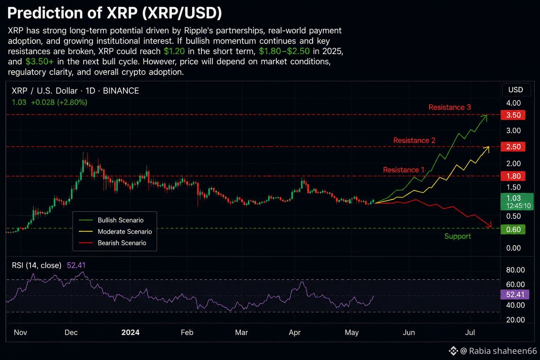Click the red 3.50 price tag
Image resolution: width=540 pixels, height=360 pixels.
[x=513, y=115]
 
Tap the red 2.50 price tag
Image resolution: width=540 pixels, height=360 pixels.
[x=513, y=147]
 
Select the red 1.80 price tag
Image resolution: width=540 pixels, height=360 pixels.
[x=513, y=176]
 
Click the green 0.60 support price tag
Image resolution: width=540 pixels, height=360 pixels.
[x=513, y=229]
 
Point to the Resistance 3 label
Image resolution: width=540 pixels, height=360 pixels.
[x=450, y=107]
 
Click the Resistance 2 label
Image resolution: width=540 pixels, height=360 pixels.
[x=414, y=140]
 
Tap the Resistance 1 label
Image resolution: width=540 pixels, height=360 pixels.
[x=404, y=170]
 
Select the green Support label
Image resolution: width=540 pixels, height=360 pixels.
[x=457, y=236]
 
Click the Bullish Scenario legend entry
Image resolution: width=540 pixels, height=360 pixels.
[x=111, y=220]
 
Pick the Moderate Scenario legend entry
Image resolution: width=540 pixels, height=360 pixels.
[x=115, y=231]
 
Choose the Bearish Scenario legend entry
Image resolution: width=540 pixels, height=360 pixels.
[x=112, y=243]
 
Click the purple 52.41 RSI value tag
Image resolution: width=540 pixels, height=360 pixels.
[x=515, y=294]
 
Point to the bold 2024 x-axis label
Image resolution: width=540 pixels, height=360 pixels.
[x=130, y=332]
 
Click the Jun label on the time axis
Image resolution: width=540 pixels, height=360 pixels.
[x=409, y=332]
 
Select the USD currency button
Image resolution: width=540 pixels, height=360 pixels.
[x=516, y=90]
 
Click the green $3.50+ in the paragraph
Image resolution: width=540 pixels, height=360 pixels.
[x=39, y=62]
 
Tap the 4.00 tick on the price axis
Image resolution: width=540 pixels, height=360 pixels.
[x=514, y=103]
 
